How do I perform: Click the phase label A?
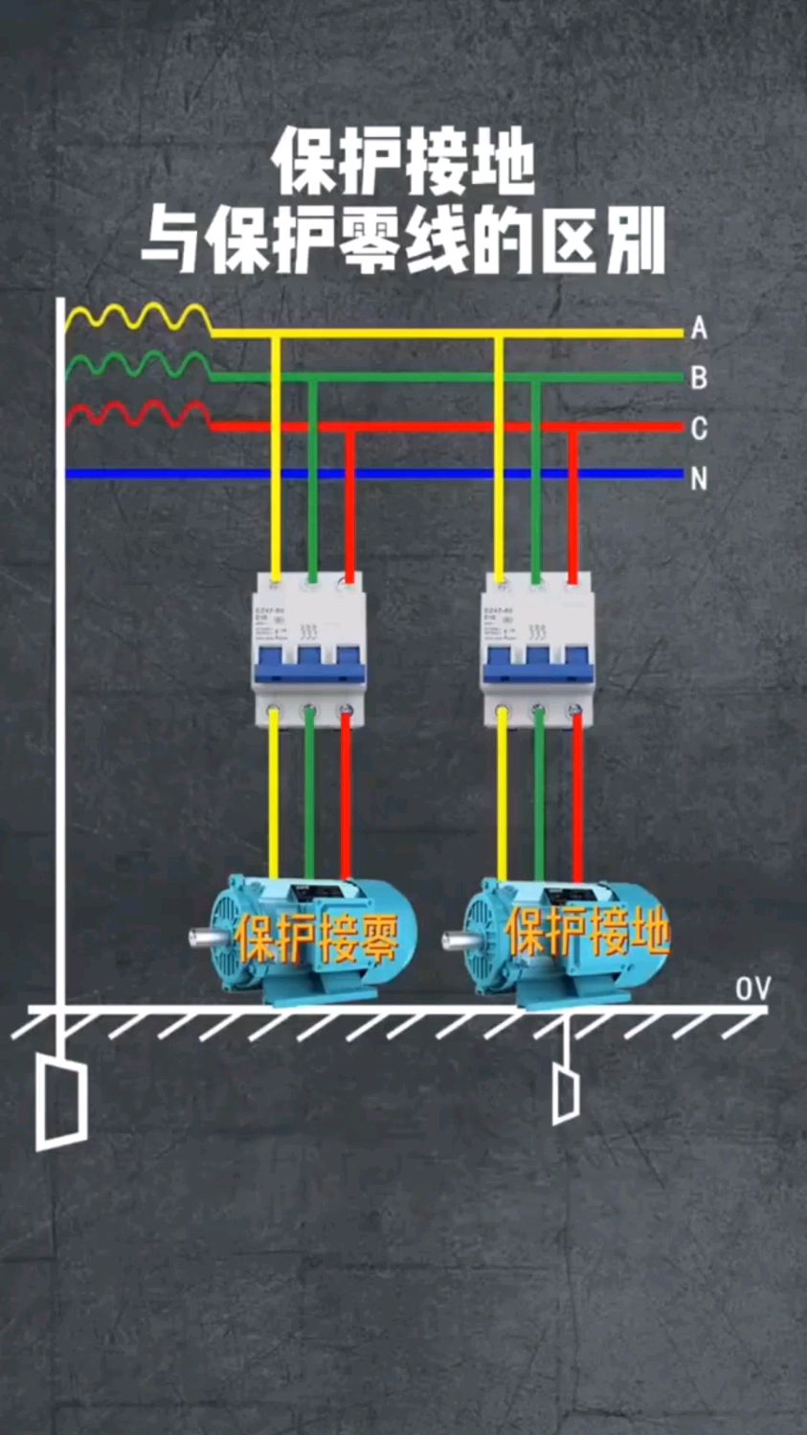point(699,330)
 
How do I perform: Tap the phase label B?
point(699,378)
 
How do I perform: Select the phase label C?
point(699,428)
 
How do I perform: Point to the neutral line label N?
point(699,478)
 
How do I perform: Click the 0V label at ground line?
point(752,990)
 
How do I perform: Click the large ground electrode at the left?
point(61,1102)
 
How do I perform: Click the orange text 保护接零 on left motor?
point(317,938)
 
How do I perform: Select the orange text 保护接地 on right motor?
point(586,931)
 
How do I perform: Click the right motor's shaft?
point(455,938)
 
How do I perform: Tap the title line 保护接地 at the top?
point(403,165)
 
